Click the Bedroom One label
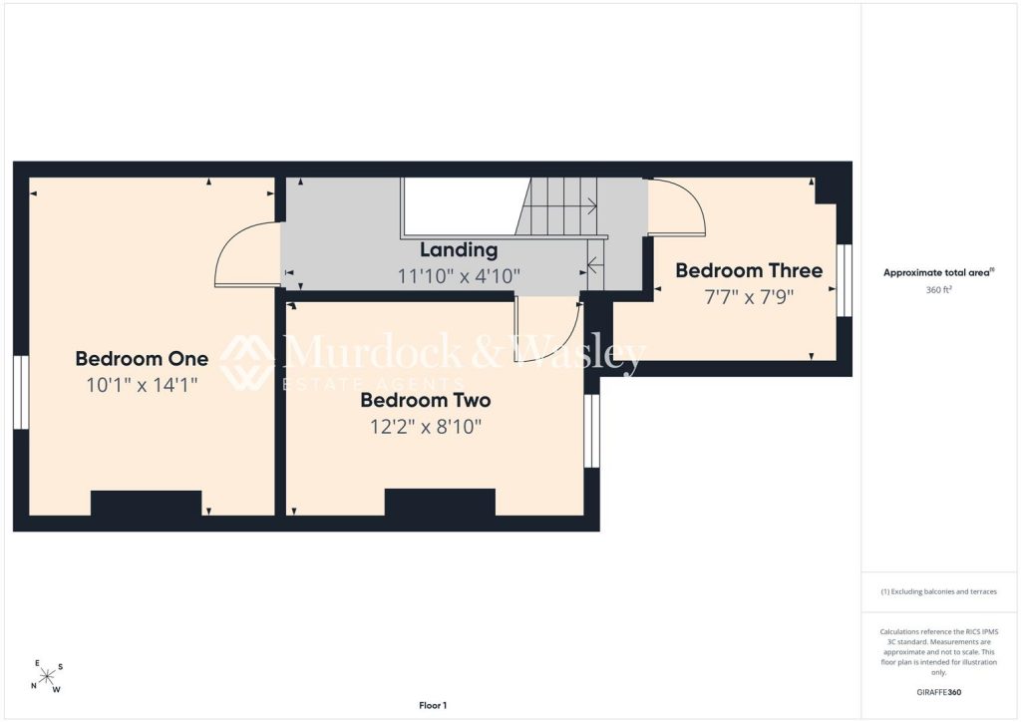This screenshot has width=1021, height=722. pyautogui.click(x=142, y=359)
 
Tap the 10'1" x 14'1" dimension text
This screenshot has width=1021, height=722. pyautogui.click(x=142, y=385)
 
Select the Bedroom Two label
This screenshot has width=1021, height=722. pyautogui.click(x=426, y=400)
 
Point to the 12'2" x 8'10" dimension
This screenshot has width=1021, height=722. pyautogui.click(x=426, y=427)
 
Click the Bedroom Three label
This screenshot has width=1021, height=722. pyautogui.click(x=749, y=270)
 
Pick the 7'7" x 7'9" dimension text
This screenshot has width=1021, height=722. pyautogui.click(x=750, y=297)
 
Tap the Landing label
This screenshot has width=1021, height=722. pyautogui.click(x=459, y=250)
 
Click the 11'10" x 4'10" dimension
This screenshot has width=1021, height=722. pyautogui.click(x=459, y=276)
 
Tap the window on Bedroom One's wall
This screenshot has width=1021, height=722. pyautogui.click(x=21, y=392)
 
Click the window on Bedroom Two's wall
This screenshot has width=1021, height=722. pyautogui.click(x=591, y=431)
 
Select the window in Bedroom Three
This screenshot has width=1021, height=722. pyautogui.click(x=844, y=280)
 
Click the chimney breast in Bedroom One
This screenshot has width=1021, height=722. pyautogui.click(x=146, y=504)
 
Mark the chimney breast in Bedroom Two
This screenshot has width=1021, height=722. pyautogui.click(x=440, y=502)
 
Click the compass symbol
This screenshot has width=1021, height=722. pyautogui.click(x=46, y=677)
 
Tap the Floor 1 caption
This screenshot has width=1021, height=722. pyautogui.click(x=433, y=705)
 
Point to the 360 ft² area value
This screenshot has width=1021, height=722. pyautogui.click(x=938, y=290)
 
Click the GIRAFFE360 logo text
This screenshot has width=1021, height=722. pyautogui.click(x=939, y=692)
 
